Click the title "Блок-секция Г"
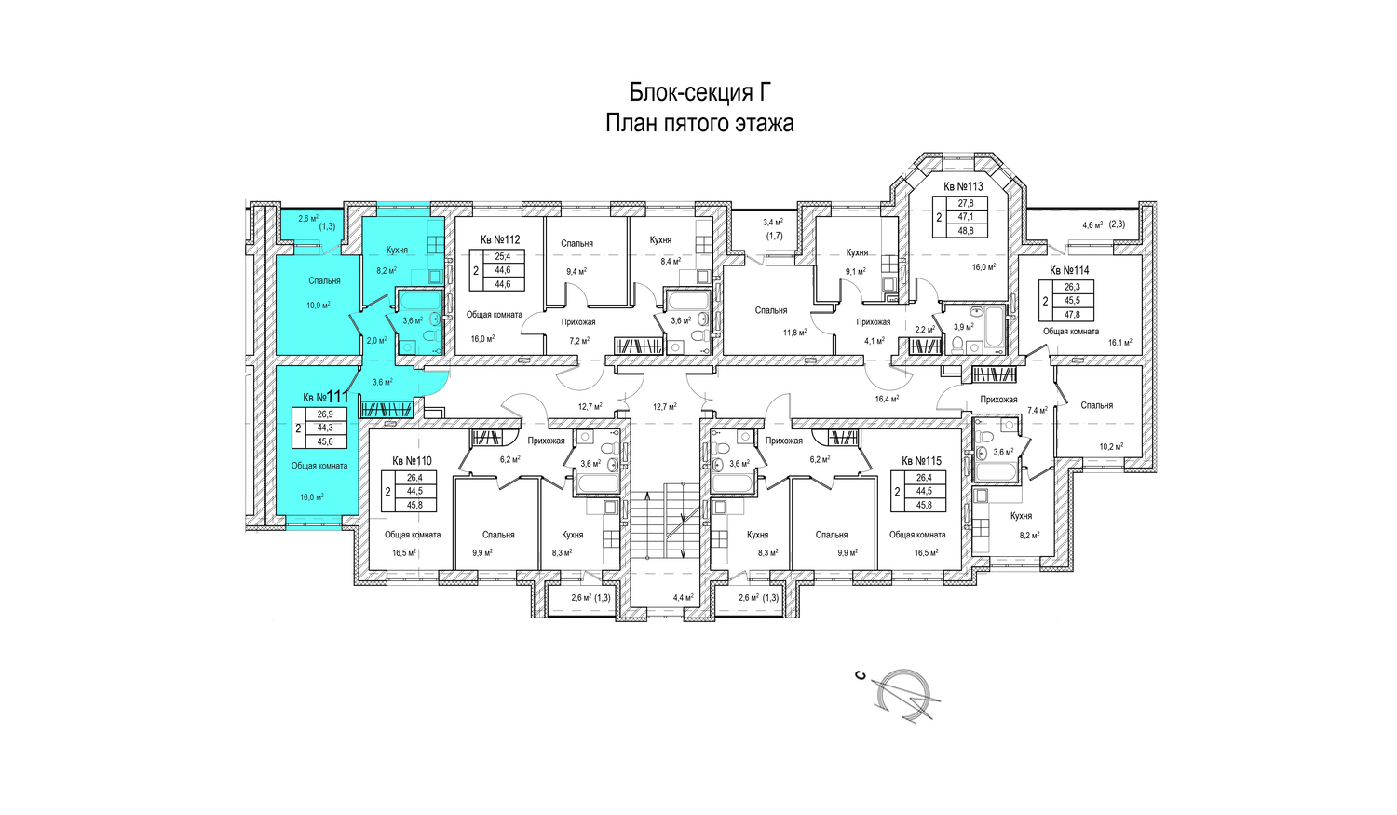click(x=699, y=92)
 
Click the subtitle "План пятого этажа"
click(x=699, y=123)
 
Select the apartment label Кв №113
click(x=963, y=186)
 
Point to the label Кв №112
click(x=500, y=239)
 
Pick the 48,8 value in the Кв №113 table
click(x=966, y=230)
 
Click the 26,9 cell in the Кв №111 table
click(x=325, y=414)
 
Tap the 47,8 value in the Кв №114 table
click(x=1072, y=315)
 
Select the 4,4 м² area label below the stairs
click(x=683, y=598)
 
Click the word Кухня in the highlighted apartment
click(x=397, y=251)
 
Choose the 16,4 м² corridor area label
click(x=887, y=400)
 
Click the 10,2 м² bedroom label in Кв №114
click(x=1111, y=447)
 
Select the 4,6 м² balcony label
click(x=1092, y=225)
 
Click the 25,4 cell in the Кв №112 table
click(x=503, y=256)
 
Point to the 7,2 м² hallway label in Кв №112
click(x=579, y=341)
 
